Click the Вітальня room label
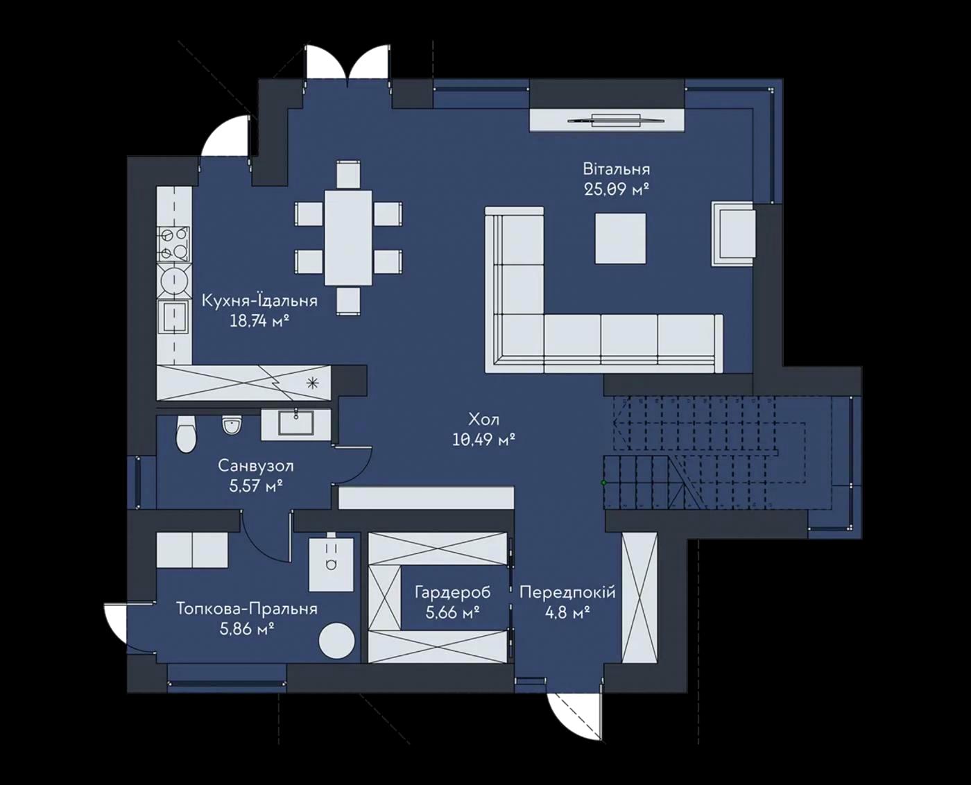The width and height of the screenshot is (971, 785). [617, 169]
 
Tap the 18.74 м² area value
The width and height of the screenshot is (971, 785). [260, 321]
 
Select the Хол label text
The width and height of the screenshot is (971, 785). [483, 418]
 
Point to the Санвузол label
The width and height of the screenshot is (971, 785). [256, 466]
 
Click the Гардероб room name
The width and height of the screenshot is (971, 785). [453, 592]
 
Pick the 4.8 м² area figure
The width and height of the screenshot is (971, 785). [567, 612]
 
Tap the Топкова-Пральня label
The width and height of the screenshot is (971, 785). [247, 609]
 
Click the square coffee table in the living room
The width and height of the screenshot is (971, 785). [621, 238]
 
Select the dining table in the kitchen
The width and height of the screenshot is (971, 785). [348, 238]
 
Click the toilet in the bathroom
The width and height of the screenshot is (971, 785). [186, 433]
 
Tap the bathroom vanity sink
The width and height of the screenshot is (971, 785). [296, 424]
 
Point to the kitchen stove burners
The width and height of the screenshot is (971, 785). [173, 244]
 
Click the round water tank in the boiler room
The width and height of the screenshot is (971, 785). [336, 640]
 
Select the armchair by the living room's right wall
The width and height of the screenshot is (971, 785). [734, 234]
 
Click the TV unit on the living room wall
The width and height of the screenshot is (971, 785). [607, 121]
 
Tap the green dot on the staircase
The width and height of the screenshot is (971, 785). [603, 483]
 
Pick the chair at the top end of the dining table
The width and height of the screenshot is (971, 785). [348, 173]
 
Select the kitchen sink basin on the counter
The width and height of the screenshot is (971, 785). [174, 316]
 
